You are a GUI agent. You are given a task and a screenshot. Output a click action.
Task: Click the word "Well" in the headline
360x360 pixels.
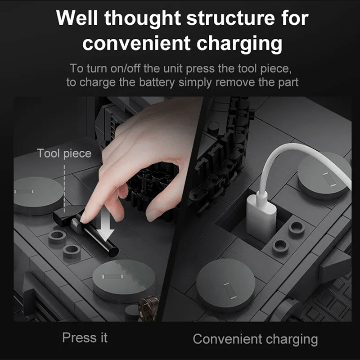77,18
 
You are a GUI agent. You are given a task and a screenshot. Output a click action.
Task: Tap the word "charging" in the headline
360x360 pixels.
239,44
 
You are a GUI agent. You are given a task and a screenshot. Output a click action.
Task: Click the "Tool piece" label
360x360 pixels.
64,153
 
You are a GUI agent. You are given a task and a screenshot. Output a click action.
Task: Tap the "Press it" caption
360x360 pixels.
85,337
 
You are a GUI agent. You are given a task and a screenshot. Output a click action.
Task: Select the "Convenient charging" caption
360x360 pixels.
255,339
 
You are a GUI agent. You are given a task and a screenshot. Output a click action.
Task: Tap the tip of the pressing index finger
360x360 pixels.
83,220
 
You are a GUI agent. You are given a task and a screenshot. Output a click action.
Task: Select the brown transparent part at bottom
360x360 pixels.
148,308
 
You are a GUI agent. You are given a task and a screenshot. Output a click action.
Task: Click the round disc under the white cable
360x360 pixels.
324,175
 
